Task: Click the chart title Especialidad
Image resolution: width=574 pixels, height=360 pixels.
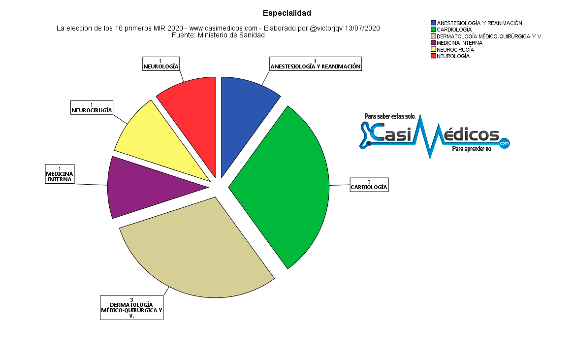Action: point(287,13)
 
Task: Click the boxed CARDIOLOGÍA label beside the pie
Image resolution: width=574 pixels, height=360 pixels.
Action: point(369,185)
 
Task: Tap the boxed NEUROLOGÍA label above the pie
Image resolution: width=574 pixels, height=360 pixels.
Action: point(161,64)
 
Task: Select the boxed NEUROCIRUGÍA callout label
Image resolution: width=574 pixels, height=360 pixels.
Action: point(92,108)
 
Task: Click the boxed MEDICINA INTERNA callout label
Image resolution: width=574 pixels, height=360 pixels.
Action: point(60,174)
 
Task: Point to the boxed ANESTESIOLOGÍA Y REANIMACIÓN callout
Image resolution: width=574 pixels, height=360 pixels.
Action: point(316,64)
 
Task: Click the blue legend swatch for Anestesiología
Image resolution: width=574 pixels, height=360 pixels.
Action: point(433,23)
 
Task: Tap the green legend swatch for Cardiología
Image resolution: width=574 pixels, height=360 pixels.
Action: point(433,30)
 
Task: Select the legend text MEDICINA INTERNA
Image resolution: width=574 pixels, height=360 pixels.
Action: point(460,43)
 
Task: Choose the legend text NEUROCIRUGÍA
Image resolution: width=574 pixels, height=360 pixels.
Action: point(455,50)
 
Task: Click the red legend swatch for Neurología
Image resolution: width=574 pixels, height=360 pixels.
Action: point(433,56)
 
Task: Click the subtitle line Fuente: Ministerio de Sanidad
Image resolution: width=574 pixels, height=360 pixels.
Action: point(218,35)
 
